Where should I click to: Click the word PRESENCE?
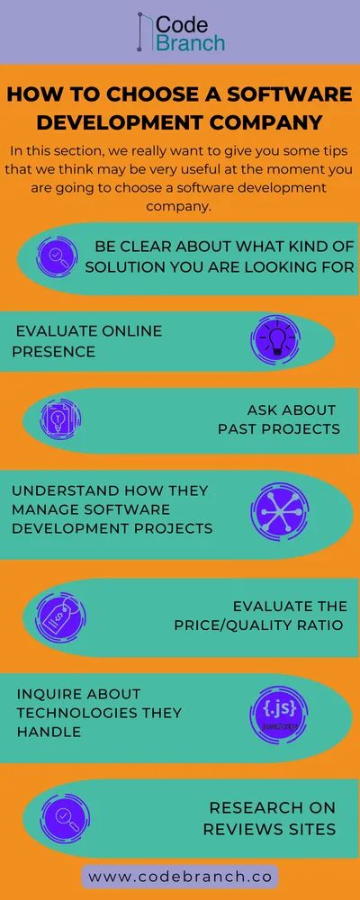click(53, 351)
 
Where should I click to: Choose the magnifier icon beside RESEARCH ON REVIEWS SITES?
click(63, 817)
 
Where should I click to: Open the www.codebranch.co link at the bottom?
click(180, 875)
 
